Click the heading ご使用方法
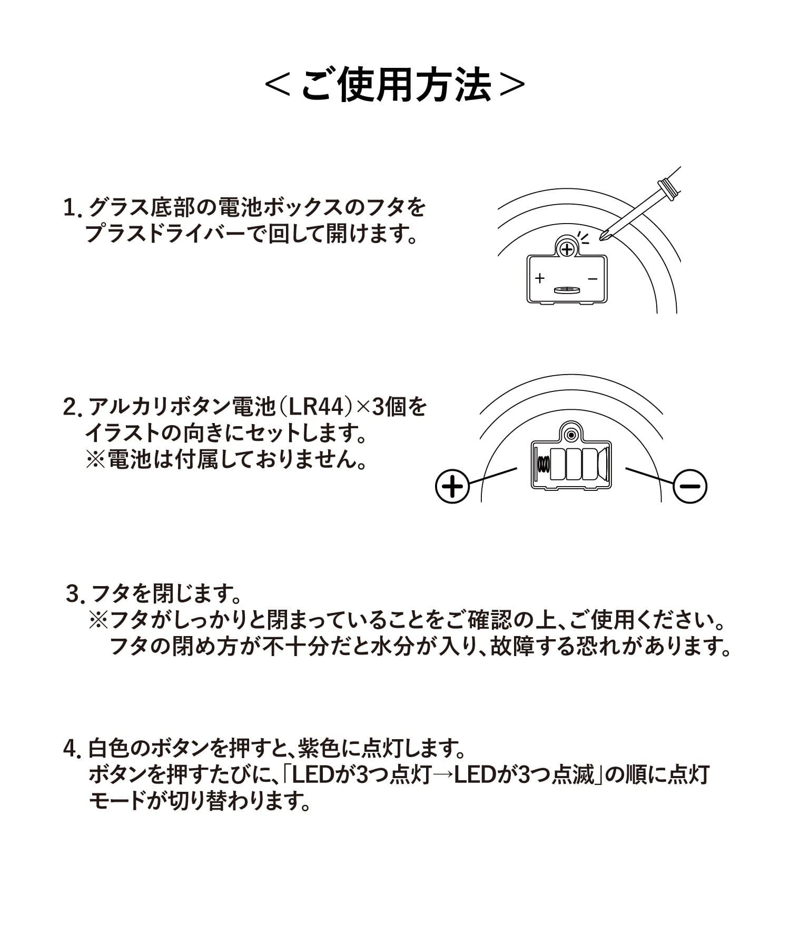point(395,85)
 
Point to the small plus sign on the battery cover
point(539,278)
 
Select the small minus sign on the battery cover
point(593,278)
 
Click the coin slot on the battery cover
point(566,289)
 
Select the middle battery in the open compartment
point(573,463)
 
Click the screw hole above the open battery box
point(570,435)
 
